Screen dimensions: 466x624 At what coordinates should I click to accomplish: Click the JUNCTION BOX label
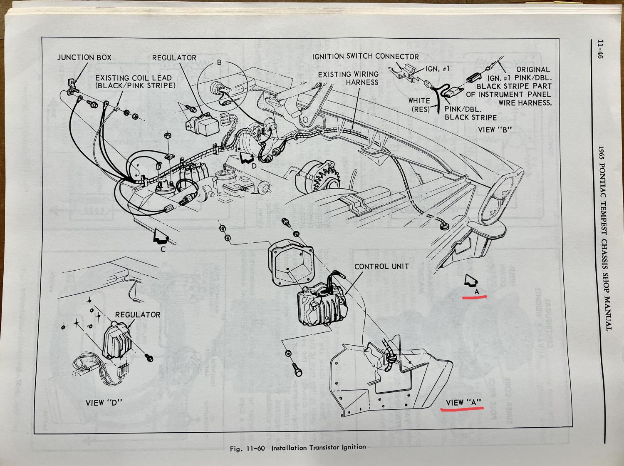[x=84, y=57]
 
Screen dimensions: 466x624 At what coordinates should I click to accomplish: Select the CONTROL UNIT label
[x=381, y=267]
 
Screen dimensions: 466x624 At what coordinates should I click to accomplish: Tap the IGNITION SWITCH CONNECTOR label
[x=366, y=57]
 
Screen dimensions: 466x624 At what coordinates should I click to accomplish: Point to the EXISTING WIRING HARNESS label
[x=349, y=78]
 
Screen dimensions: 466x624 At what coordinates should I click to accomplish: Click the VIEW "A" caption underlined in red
[x=463, y=403]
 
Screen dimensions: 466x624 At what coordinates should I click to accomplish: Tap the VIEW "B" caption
[x=495, y=130]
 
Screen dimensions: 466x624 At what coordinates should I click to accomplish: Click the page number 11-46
[x=600, y=50]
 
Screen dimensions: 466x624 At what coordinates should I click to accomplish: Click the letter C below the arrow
[x=163, y=249]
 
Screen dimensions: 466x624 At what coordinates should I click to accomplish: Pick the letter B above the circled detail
[x=219, y=63]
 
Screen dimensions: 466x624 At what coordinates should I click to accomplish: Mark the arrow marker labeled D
[x=246, y=158]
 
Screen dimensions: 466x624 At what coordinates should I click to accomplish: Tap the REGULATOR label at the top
[x=174, y=58]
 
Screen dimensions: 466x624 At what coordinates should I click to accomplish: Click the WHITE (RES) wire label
[x=419, y=105]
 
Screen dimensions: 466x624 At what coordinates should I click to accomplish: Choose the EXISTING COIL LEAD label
[x=135, y=82]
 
